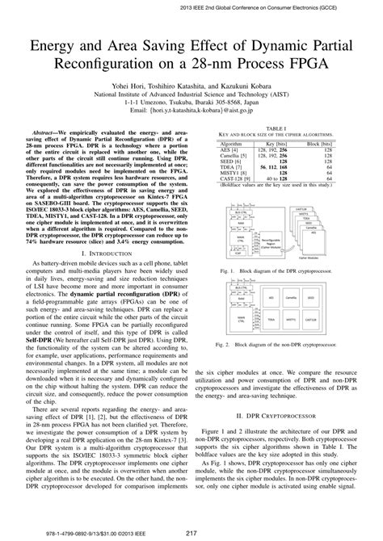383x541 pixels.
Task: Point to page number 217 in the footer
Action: (x=191, y=531)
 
